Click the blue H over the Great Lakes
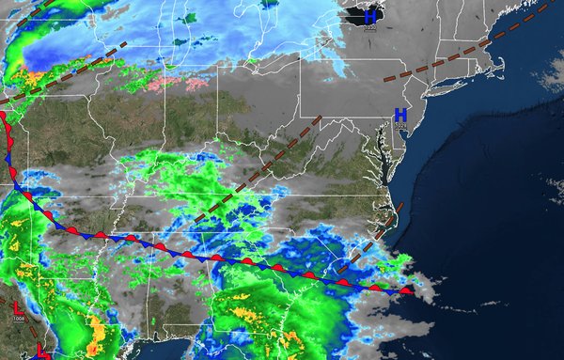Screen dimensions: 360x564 370,16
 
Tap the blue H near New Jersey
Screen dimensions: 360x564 400,115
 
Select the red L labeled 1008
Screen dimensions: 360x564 18,306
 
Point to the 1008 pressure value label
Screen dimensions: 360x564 19,319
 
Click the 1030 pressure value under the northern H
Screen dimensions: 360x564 369,28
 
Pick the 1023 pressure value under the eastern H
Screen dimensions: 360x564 400,125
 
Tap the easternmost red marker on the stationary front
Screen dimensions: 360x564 406,291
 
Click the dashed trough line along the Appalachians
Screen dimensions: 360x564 263,169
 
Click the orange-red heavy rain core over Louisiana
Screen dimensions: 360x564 97,329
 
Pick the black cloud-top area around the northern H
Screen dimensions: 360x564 357,13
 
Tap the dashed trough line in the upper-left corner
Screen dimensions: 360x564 23,89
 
